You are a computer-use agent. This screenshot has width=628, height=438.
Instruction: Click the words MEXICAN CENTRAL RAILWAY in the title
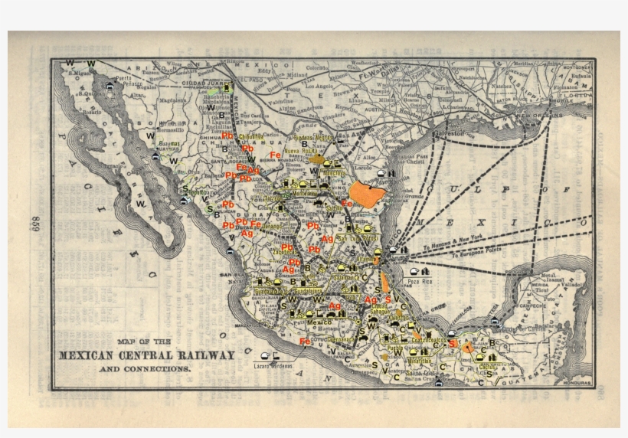pos(147,355)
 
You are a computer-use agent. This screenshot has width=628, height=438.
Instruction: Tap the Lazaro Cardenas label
pos(273,365)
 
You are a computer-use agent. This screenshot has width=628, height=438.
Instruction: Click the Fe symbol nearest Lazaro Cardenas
pos(305,342)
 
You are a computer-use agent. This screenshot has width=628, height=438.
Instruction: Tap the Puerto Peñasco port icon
pos(110,87)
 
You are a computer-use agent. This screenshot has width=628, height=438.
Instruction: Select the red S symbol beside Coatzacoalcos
pos(452,344)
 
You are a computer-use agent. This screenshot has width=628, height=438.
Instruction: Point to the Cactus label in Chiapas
pos(488,366)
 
